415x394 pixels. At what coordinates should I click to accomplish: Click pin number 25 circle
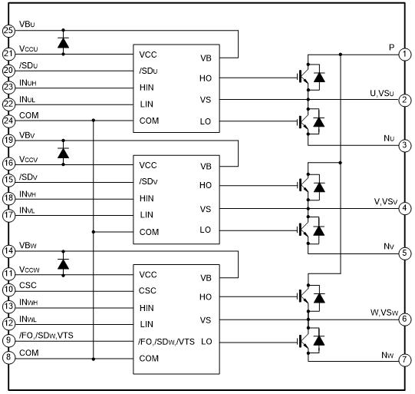point(8,31)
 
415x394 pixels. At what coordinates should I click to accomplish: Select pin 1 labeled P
point(405,55)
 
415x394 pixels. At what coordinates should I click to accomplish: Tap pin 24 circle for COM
point(8,121)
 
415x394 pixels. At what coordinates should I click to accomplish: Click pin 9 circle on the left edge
point(8,340)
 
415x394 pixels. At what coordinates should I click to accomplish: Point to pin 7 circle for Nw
point(405,359)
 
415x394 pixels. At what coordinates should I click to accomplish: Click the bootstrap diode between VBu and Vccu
point(63,43)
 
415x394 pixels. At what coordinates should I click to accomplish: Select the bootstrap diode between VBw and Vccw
point(63,264)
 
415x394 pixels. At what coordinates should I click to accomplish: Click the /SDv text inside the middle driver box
point(148,182)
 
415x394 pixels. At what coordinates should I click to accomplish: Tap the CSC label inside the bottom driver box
point(147,290)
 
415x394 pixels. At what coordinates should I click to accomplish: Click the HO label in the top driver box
point(206,78)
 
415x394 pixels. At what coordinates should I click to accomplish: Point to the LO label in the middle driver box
point(206,230)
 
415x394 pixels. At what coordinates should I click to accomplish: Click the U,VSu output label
point(382,93)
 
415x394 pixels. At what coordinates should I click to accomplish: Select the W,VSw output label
point(384,313)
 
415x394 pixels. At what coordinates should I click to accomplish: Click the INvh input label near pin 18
point(28,194)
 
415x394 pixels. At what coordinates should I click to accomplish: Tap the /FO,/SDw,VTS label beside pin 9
point(46,336)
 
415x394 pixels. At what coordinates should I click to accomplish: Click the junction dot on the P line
point(341,55)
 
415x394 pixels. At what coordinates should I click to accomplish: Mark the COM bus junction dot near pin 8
point(94,359)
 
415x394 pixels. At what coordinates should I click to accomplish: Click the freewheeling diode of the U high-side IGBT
point(319,77)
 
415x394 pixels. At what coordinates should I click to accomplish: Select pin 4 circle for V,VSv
point(405,208)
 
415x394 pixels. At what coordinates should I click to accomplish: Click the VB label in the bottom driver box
point(206,278)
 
